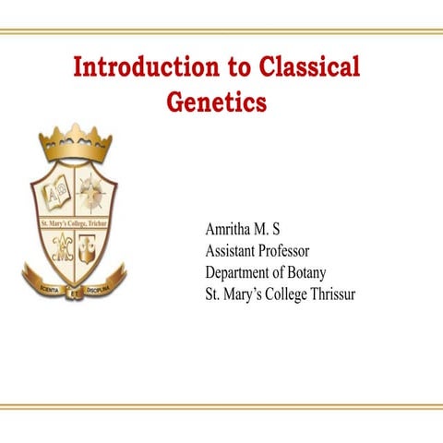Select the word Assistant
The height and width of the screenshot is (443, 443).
tap(232, 250)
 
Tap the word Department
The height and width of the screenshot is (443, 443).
tap(242, 272)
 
